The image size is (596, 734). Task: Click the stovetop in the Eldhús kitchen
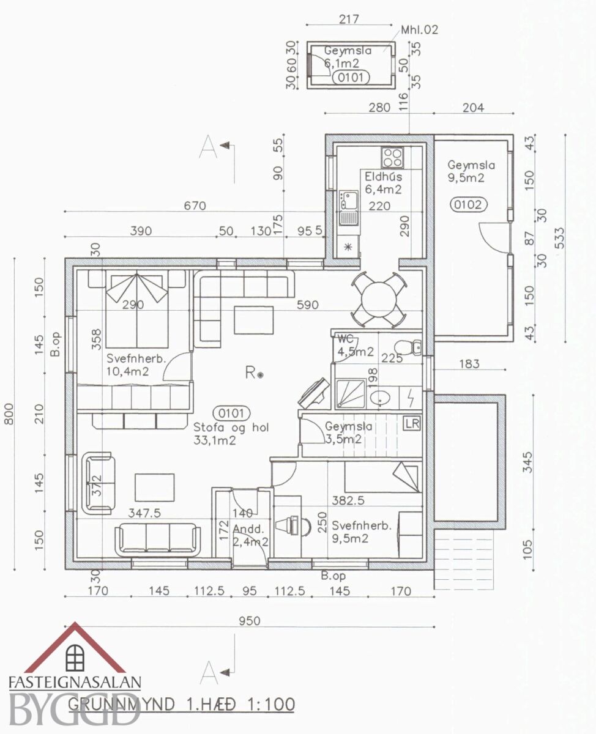(x=392, y=157)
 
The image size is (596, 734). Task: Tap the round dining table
(x=379, y=299)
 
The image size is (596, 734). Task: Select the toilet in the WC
(x=407, y=347)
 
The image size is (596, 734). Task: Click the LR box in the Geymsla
(x=412, y=423)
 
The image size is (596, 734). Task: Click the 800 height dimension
(x=9, y=413)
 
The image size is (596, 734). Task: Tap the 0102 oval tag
(x=468, y=205)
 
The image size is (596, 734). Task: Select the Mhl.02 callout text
(x=419, y=29)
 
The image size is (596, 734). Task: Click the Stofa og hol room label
(x=231, y=428)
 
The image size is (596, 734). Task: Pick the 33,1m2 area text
(x=214, y=440)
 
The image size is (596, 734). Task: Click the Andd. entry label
(x=248, y=528)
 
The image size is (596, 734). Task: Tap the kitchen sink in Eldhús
(x=349, y=201)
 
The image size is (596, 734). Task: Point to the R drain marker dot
(x=260, y=376)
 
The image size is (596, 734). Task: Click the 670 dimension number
(x=195, y=206)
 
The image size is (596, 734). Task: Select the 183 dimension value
(x=469, y=363)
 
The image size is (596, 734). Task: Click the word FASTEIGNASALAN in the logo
(x=75, y=682)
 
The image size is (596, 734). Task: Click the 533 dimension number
(x=559, y=238)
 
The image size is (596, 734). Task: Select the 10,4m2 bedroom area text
(x=127, y=372)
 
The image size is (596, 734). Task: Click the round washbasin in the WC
(x=381, y=399)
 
